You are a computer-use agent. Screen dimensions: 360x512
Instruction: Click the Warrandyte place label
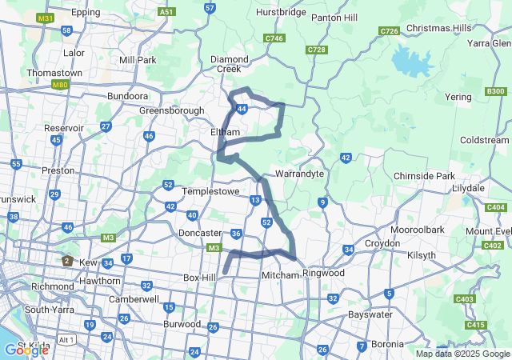coord(298,173)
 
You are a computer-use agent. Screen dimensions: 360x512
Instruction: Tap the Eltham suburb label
coord(225,131)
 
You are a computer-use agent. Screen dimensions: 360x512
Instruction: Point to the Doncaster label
coord(199,233)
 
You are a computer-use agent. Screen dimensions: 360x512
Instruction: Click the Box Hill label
coord(200,278)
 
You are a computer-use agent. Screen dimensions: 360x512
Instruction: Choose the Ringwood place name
coord(323,273)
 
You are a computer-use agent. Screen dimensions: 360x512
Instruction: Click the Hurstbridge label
coord(281,13)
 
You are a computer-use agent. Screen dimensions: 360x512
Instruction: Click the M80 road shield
coord(59,84)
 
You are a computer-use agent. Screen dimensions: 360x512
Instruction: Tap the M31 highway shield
coord(46,18)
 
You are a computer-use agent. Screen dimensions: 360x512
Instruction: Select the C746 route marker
coord(274,38)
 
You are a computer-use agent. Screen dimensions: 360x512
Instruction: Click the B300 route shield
coord(495,92)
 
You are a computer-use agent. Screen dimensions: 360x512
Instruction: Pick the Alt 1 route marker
coord(67,339)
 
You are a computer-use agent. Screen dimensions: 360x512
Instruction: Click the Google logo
coord(26,350)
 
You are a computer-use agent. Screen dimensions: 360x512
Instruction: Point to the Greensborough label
coord(171,110)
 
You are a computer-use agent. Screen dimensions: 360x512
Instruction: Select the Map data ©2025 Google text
coord(462,354)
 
